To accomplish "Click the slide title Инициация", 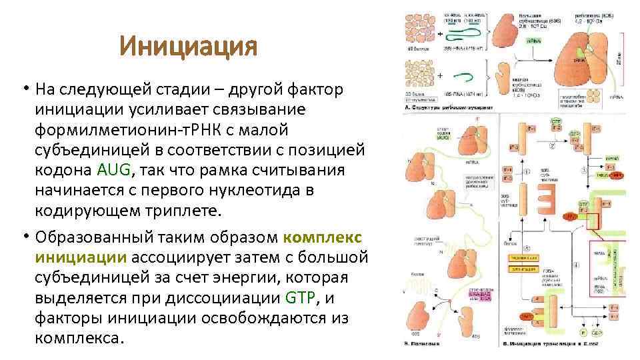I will pyautogui.click(x=188, y=47).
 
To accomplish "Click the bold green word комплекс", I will pyautogui.click(x=323, y=238).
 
